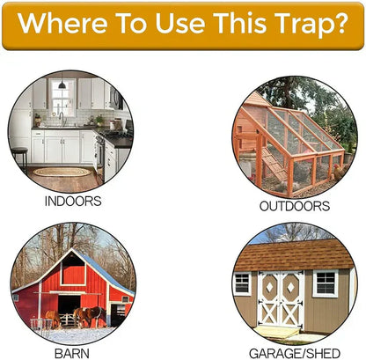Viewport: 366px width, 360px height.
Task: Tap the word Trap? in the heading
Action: [x=304, y=25]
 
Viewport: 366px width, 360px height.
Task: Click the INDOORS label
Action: [x=71, y=201]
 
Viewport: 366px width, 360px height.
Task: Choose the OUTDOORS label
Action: [x=294, y=206]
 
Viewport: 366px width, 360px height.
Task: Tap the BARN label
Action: [x=73, y=352]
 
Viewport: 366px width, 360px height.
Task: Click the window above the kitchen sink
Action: [x=62, y=98]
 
